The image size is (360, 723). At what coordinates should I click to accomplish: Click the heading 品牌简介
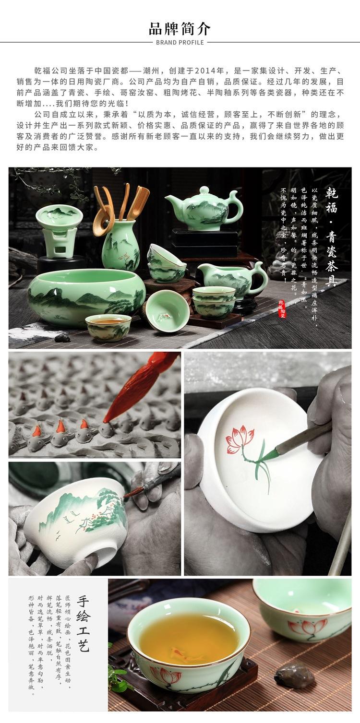(x=180, y=28)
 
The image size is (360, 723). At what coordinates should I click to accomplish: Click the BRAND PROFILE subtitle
(x=180, y=43)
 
